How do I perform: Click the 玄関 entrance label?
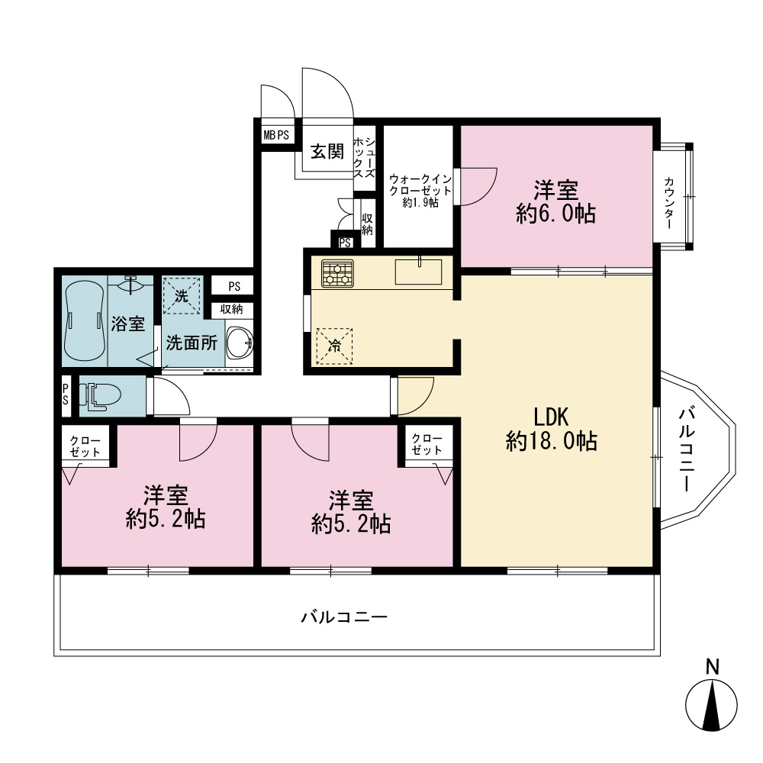pos(327,151)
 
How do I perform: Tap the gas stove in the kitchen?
pos(337,273)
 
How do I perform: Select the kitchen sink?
pos(418,271)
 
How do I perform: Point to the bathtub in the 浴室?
pos(84,320)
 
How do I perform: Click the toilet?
pos(100,395)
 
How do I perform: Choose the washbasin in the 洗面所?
pos(240,343)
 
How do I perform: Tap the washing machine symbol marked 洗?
pos(181,296)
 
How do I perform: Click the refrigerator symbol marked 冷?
pos(334,346)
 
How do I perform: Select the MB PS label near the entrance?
pos(276,135)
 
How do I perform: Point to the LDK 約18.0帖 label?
pos(552,429)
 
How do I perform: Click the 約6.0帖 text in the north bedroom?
pos(555,214)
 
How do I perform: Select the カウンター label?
pos(669,204)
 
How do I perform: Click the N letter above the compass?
pos(712,667)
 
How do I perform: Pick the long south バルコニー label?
pos(344,617)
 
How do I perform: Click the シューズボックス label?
pos(364,157)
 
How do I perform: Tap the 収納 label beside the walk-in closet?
pos(368,224)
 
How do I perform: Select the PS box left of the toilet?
pos(65,394)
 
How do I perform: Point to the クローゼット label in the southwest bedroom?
pos(85,446)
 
